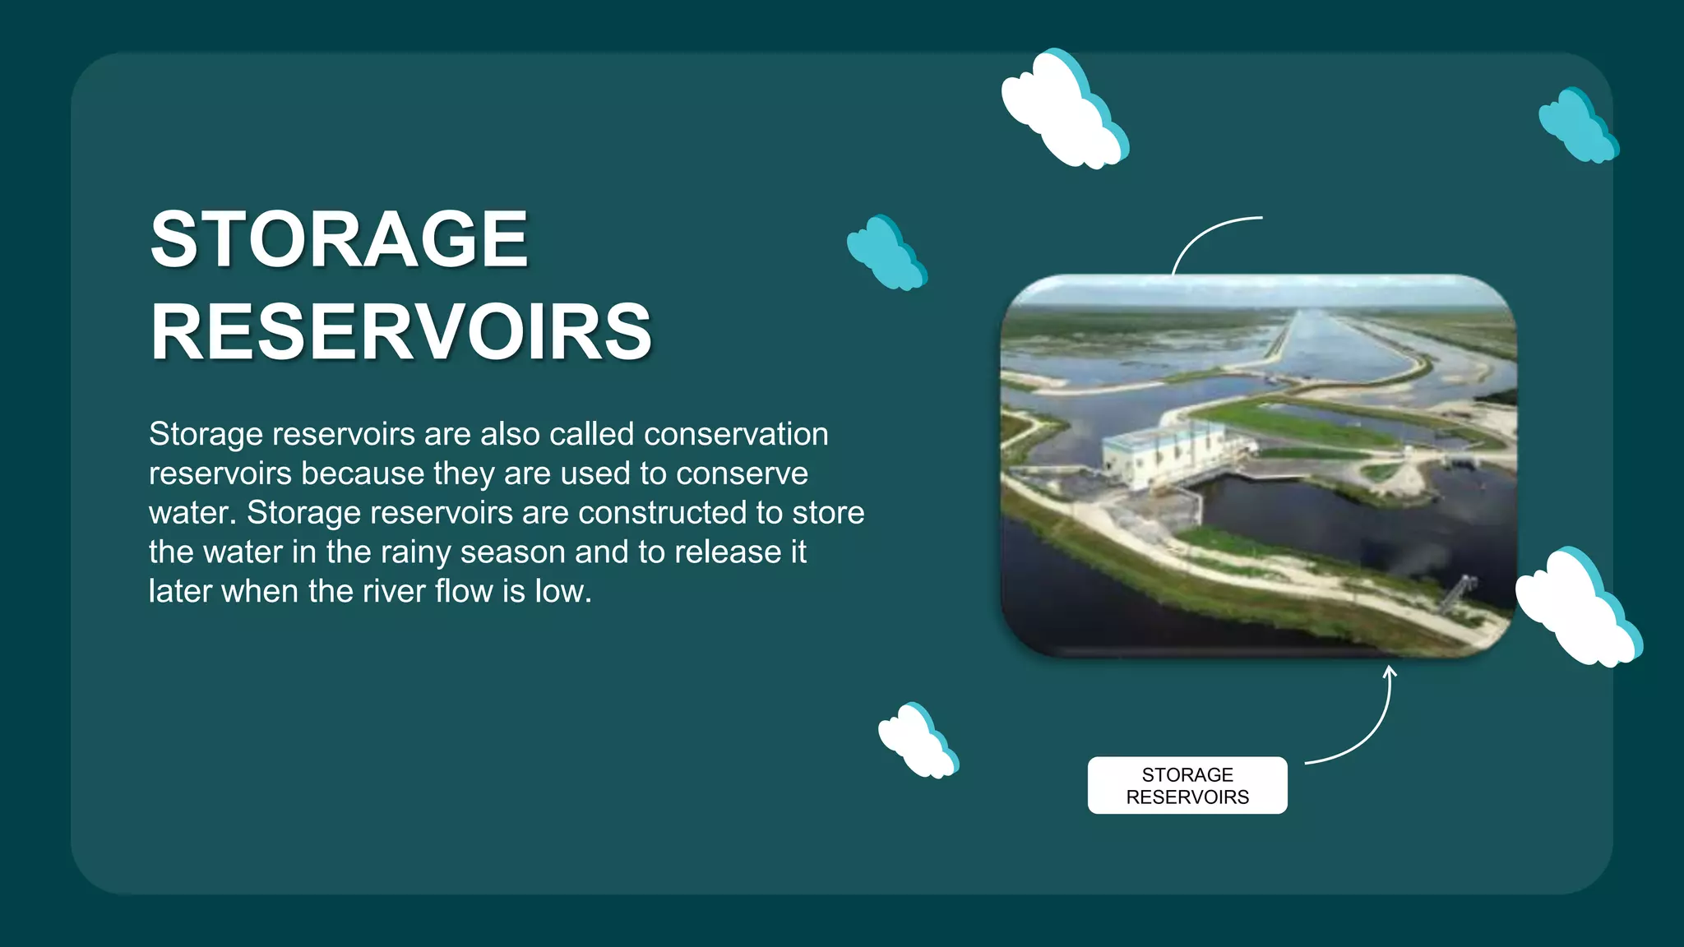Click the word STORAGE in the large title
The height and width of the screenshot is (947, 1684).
tap(338, 239)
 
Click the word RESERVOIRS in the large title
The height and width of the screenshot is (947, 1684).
tap(401, 332)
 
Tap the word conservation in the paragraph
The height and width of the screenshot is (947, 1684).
tap(736, 434)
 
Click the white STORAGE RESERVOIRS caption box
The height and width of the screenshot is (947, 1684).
tap(1187, 785)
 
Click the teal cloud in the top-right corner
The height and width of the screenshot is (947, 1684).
tap(1576, 126)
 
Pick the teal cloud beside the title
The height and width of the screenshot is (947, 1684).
tap(886, 252)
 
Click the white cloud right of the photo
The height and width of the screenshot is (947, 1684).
tap(1576, 608)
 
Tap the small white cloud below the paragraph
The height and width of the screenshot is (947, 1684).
tap(916, 741)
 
